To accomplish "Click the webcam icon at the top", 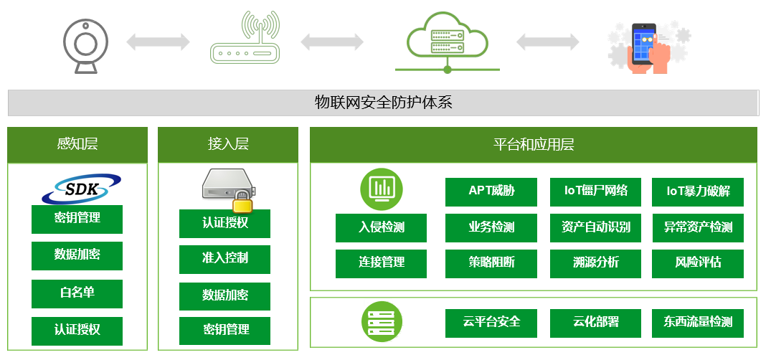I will (85, 42).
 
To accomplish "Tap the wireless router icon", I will (243, 39).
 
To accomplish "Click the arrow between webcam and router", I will (159, 42).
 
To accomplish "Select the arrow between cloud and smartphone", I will (548, 42).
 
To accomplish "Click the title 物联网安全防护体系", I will (384, 103).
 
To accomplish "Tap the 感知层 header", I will (77, 144).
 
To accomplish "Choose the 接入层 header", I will (228, 144).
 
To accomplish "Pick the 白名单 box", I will (77, 293).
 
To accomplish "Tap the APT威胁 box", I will (491, 191).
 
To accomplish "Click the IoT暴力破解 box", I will (698, 191).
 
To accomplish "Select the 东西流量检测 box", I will (698, 323).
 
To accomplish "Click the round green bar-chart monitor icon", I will (381, 188).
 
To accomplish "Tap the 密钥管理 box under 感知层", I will (77, 219).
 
